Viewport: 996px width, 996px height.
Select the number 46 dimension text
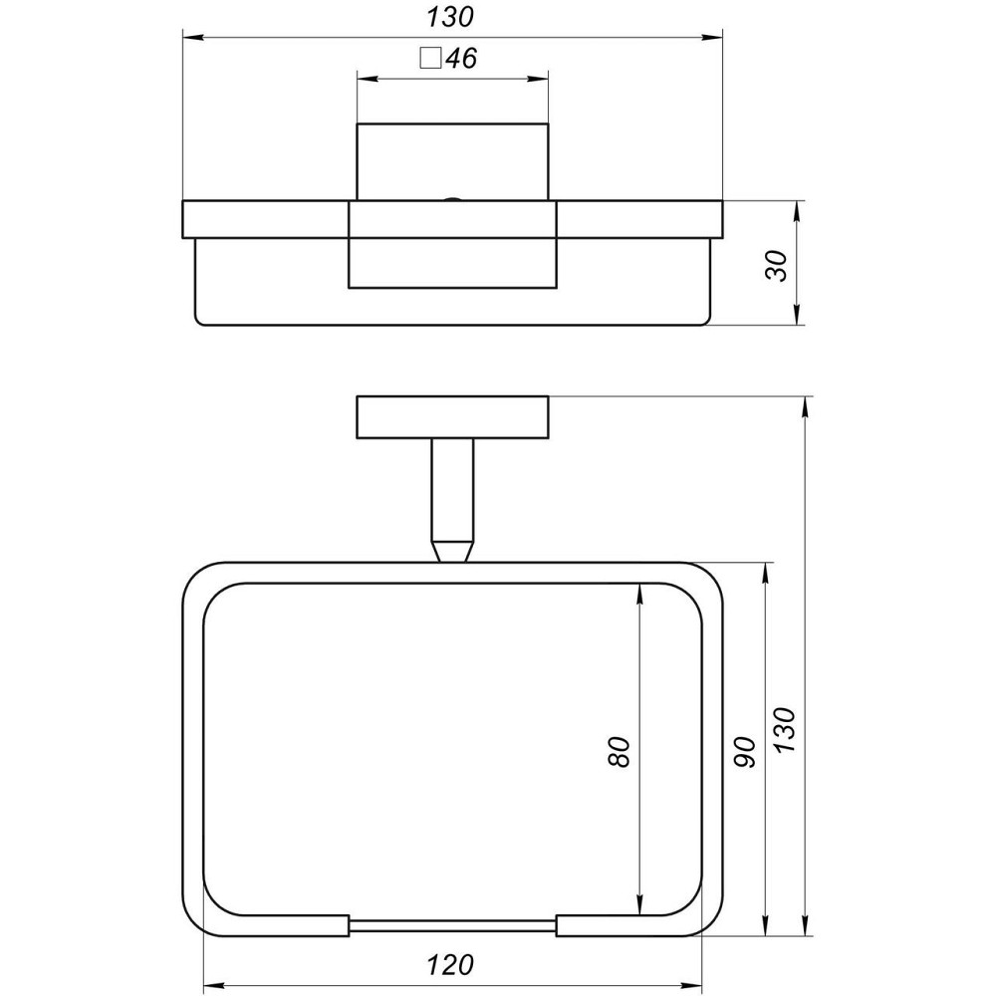(461, 59)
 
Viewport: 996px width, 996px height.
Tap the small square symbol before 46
(431, 58)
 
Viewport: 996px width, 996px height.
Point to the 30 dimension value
(778, 264)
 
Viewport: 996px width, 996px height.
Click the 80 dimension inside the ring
(619, 752)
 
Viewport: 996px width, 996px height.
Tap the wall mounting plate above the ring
(453, 417)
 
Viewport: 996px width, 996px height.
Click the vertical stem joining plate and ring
(453, 488)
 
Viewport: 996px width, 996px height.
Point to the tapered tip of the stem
(453, 551)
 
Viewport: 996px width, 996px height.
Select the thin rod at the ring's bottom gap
(453, 925)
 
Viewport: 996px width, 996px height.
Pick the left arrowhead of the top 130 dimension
(189, 38)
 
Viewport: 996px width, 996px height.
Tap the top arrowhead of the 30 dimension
(800, 210)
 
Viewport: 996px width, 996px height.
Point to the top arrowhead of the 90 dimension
(765, 572)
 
